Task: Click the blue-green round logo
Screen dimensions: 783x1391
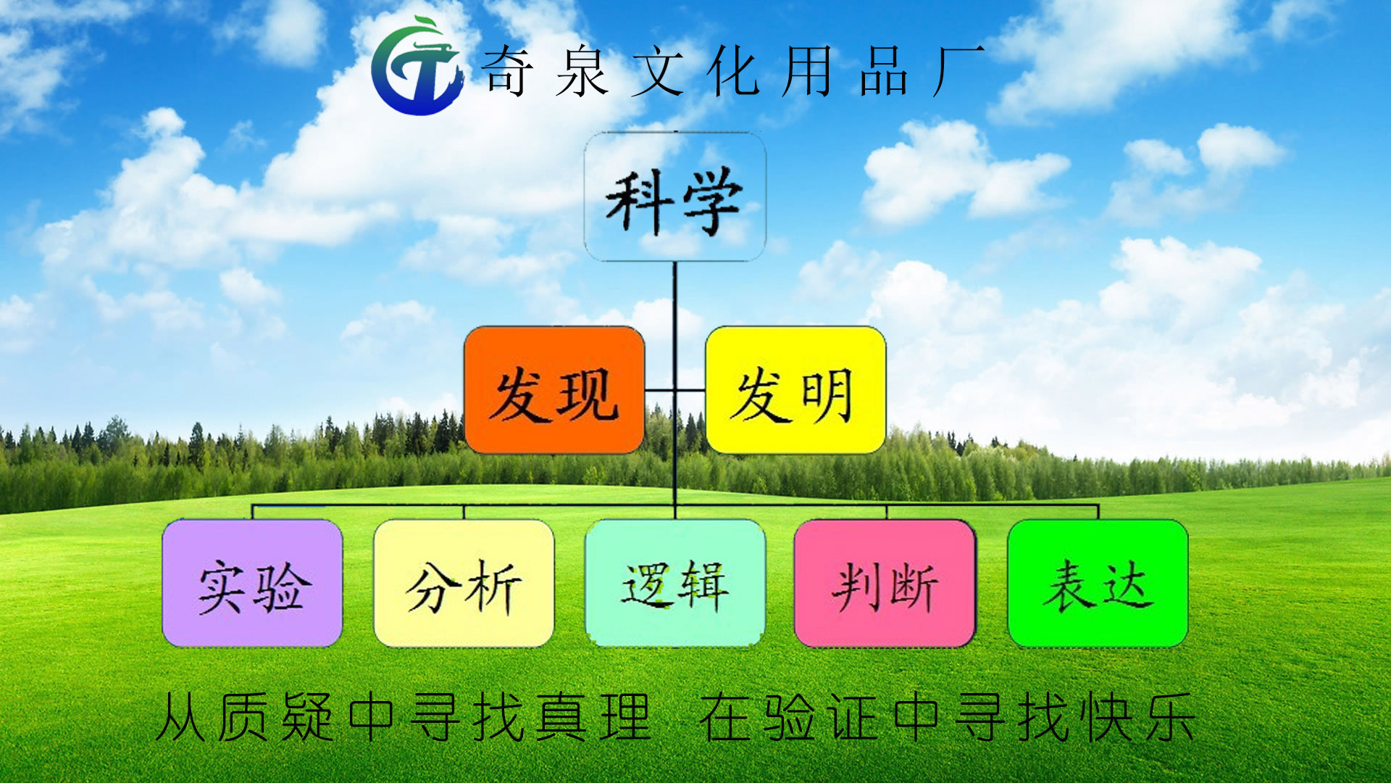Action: tap(417, 67)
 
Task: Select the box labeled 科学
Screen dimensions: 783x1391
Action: tap(674, 196)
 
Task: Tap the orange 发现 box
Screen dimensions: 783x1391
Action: tap(554, 391)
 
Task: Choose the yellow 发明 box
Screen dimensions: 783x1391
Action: tap(795, 391)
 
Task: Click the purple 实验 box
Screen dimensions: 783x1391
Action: tap(252, 584)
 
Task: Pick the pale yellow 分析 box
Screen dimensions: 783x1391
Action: tap(464, 584)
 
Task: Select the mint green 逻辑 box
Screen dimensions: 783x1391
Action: tap(674, 584)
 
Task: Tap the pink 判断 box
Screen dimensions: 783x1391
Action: tap(885, 584)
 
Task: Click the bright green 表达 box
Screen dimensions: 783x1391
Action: tap(1098, 584)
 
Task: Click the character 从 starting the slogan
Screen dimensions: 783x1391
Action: tap(180, 717)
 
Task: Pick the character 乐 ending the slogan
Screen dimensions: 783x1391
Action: tap(1170, 717)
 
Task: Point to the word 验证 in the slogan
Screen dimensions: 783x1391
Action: tap(822, 717)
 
